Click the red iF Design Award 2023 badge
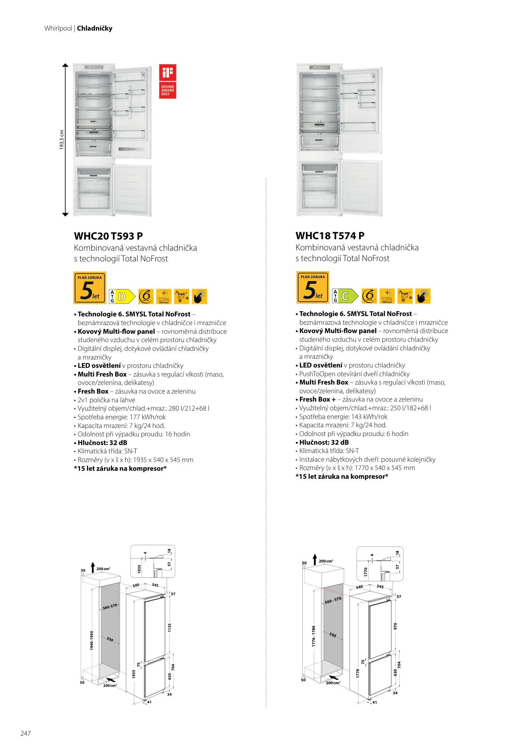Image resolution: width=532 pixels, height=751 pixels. [167, 81]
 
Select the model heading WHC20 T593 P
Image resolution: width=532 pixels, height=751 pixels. [108, 236]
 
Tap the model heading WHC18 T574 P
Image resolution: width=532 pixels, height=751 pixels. [330, 236]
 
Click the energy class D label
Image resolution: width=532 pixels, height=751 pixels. [122, 297]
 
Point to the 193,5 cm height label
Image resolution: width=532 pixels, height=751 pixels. [62, 140]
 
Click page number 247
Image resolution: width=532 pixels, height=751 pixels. [26, 733]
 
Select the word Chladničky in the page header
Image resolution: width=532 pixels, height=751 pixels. [95, 29]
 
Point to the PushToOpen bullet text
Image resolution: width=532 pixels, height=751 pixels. [354, 374]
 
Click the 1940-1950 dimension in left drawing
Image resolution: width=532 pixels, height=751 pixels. [92, 640]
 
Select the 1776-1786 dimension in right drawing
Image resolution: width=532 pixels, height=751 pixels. [313, 636]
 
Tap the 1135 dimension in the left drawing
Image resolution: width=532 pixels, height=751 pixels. [170, 628]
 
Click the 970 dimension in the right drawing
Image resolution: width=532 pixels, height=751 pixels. [395, 626]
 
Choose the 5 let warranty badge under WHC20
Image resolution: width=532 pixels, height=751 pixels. [90, 288]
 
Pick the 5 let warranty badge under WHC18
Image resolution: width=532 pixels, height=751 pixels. [312, 287]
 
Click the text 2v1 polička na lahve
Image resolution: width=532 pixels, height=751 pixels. [106, 400]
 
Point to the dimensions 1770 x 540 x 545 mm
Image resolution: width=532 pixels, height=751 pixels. [385, 468]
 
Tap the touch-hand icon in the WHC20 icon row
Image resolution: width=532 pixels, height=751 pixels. [199, 297]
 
